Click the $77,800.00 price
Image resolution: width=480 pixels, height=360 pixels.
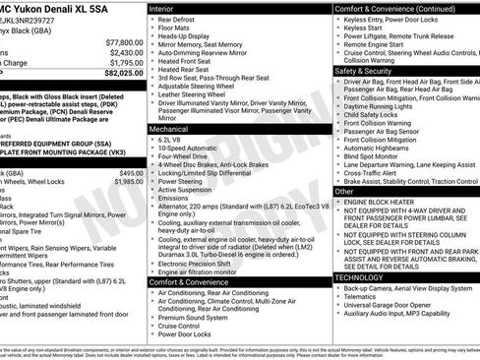coord(125,43)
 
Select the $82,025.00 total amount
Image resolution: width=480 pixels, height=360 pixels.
coord(123,73)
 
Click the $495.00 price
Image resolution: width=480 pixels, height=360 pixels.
coord(132,173)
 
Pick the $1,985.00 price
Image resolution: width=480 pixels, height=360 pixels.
coord(128,182)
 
